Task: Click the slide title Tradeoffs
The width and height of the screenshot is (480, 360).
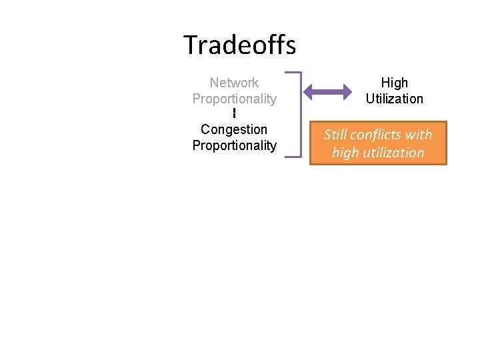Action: [239, 45]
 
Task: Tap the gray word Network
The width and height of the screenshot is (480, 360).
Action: [234, 83]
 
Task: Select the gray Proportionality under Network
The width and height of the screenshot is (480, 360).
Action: [234, 99]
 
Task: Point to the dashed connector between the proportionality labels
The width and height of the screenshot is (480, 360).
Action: [235, 114]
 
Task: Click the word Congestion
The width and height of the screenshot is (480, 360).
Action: [234, 129]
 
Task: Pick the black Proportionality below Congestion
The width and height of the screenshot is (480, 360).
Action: [234, 145]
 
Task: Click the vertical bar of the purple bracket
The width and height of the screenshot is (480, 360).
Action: [300, 115]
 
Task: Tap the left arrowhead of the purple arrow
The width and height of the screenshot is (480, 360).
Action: [309, 91]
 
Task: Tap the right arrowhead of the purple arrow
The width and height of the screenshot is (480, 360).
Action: [347, 91]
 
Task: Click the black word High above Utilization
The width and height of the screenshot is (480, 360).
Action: [394, 83]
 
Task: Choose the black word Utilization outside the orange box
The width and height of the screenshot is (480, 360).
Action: [394, 99]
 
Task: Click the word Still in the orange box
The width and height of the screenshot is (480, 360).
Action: [335, 135]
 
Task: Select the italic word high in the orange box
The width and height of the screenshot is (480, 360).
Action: [345, 153]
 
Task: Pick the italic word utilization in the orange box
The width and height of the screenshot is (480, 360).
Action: [393, 153]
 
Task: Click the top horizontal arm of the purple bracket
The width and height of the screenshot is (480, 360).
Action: [292, 73]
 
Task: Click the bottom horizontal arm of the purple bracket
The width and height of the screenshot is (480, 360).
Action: [292, 157]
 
